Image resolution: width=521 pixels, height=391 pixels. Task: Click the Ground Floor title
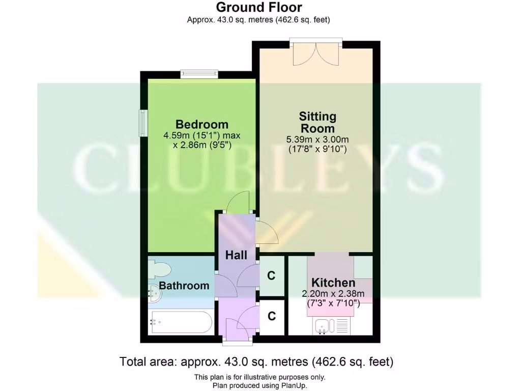[x=259, y=8]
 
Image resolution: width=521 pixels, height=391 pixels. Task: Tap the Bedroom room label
[x=201, y=124]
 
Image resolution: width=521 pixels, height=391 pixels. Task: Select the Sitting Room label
[x=317, y=122]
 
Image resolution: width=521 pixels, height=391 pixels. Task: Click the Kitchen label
[x=333, y=283]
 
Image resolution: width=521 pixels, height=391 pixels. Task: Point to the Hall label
[x=236, y=255]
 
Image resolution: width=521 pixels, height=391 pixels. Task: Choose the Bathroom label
[x=184, y=286]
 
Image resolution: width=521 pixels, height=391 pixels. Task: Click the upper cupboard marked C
[x=271, y=276]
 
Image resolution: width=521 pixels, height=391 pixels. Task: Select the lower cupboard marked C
[x=272, y=316]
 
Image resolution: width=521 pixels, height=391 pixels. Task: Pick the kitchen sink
[x=322, y=325]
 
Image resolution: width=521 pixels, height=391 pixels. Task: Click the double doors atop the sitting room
[x=316, y=52]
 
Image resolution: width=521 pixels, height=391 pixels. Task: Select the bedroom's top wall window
[x=199, y=74]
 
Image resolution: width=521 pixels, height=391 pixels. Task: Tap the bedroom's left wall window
[x=143, y=123]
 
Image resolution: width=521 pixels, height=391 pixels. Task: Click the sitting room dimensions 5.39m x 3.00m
[x=317, y=139]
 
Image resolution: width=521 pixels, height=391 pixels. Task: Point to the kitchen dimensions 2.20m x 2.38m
[x=333, y=293]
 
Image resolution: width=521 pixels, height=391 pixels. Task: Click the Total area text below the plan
[x=256, y=362]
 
